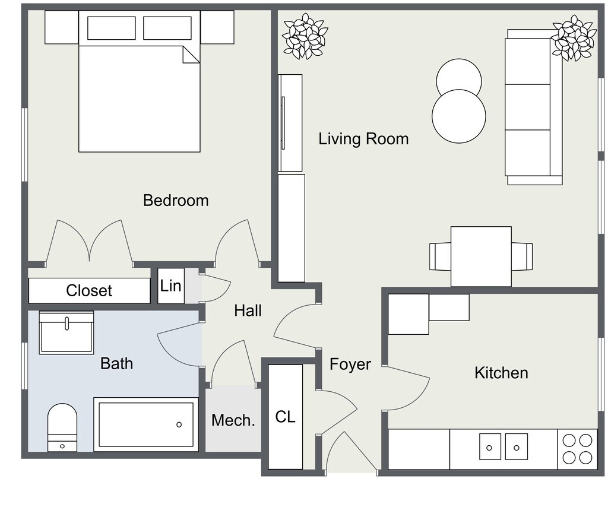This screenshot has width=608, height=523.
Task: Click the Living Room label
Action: (363, 139)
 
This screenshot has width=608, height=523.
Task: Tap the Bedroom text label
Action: (176, 200)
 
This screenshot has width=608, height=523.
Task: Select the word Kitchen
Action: (501, 373)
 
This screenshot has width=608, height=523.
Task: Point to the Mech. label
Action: (233, 420)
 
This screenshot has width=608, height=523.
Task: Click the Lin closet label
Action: (170, 286)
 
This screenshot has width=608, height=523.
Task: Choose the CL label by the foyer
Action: (285, 417)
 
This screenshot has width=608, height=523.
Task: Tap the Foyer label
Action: (350, 364)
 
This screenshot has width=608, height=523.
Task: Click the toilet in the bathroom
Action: (62, 426)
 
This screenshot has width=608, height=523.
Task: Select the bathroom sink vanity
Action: (66, 332)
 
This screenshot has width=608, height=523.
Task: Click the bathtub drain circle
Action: (179, 424)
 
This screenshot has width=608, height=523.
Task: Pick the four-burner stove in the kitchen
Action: (577, 449)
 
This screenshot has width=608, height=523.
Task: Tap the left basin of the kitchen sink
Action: (490, 446)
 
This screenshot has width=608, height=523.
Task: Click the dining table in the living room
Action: (481, 256)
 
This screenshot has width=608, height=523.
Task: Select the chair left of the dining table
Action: (440, 256)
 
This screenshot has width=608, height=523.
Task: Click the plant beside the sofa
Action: (574, 37)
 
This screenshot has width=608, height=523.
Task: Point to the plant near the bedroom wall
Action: (305, 36)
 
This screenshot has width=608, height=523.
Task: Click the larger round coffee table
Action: (458, 116)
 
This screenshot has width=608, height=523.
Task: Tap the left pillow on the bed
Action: (112, 28)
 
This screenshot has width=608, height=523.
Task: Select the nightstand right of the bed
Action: (217, 27)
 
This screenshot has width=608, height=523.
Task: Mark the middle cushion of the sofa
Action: (528, 107)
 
